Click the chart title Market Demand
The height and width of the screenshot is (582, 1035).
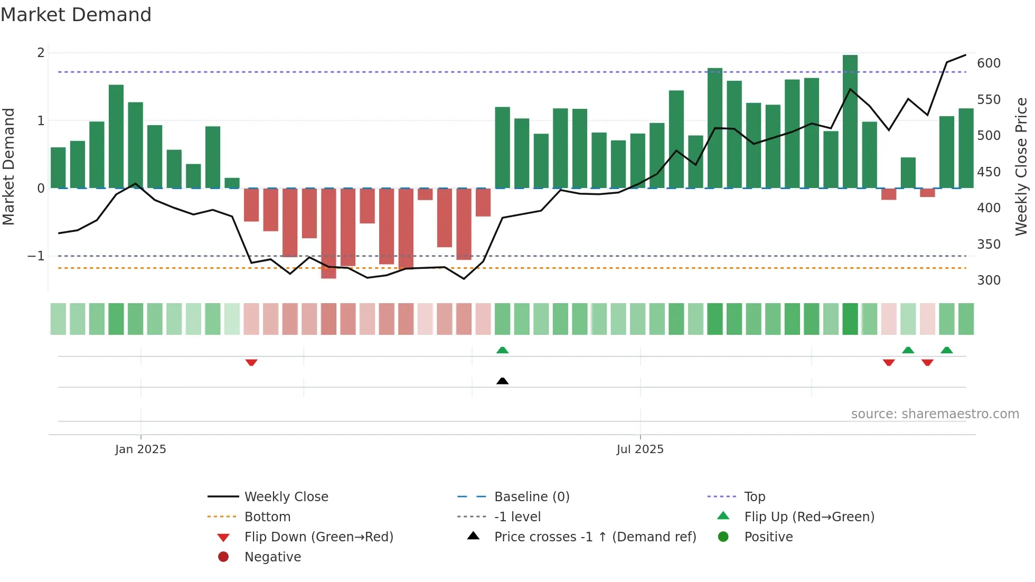pyautogui.click(x=76, y=15)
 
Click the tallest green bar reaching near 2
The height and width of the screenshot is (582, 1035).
pyautogui.click(x=850, y=121)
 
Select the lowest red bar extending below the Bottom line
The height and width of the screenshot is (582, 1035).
pyautogui.click(x=328, y=233)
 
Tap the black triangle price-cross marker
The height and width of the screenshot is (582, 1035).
pyautogui.click(x=502, y=381)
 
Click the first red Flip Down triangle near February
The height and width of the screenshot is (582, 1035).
pyautogui.click(x=251, y=362)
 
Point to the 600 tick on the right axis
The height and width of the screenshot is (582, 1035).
pyautogui.click(x=989, y=63)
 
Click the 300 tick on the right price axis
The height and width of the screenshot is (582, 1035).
pyautogui.click(x=989, y=280)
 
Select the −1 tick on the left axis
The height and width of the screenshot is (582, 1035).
pyautogui.click(x=36, y=256)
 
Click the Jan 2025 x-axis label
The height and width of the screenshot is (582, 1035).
pyautogui.click(x=140, y=449)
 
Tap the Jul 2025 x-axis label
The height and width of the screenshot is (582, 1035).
pyautogui.click(x=639, y=449)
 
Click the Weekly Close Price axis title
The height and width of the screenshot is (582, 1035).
pyautogui.click(x=1021, y=166)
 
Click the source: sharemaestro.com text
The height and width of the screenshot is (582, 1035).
pyautogui.click(x=935, y=414)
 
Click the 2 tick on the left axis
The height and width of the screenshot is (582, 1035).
pyautogui.click(x=41, y=53)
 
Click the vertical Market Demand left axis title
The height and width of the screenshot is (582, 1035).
pyautogui.click(x=8, y=166)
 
